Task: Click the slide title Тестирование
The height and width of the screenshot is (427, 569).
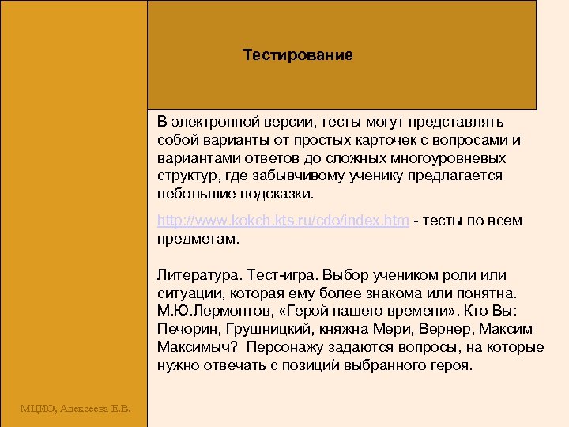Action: [297, 55]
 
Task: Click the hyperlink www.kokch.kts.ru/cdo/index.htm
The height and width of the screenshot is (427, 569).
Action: [283, 221]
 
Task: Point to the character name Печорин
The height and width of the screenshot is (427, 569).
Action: [185, 329]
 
